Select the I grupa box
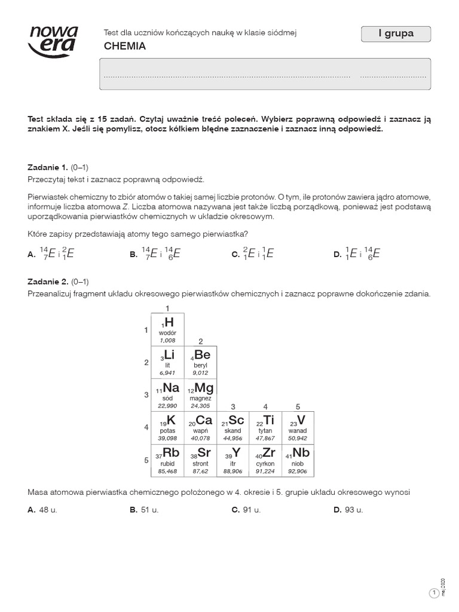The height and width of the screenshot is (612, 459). tap(396, 35)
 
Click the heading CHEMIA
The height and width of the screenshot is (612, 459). tap(125, 46)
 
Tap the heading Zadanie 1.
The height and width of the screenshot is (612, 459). tap(48, 167)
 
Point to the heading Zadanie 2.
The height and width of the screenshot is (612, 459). tap(48, 281)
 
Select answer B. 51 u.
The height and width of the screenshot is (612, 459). tap(144, 510)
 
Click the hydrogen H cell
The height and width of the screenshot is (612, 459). tap(168, 329)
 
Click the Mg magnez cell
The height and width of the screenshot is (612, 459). tap(200, 394)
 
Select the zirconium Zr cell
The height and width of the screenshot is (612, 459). tap(265, 460)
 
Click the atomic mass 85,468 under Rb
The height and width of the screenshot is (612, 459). tap(167, 471)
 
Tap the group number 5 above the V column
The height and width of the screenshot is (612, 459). tap(298, 406)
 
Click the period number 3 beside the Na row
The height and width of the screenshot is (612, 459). tap(146, 394)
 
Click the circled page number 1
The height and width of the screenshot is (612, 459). tap(434, 592)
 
